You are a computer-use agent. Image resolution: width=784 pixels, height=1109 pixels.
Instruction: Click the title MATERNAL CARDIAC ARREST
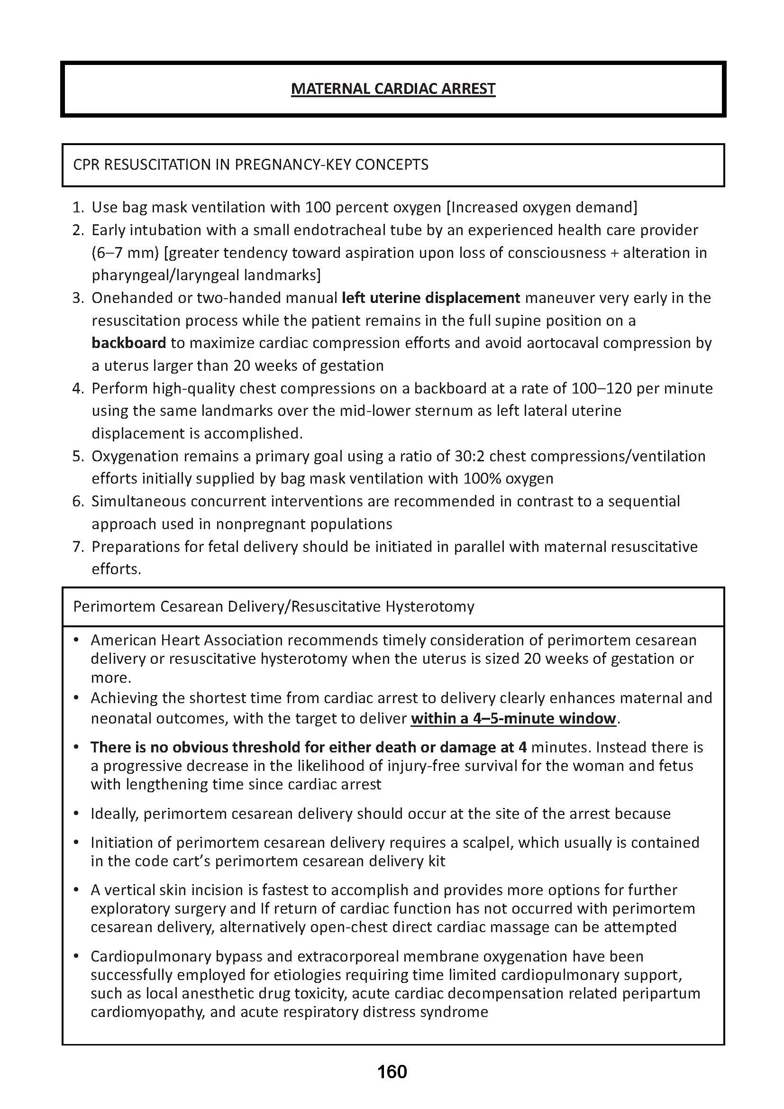(x=393, y=89)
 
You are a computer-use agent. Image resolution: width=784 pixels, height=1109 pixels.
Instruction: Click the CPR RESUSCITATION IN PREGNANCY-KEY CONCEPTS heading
(x=251, y=165)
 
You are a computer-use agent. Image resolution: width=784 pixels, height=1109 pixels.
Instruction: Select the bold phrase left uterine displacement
(x=430, y=298)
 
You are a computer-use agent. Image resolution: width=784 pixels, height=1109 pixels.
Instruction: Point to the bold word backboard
(x=129, y=343)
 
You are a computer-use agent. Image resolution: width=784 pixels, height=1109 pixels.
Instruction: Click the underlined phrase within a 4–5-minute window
(x=514, y=718)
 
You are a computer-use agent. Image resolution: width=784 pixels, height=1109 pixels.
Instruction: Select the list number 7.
(x=78, y=547)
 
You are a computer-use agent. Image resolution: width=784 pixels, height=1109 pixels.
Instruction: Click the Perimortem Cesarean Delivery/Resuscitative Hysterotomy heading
(x=273, y=606)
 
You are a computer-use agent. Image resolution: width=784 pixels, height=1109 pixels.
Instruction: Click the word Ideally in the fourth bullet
(x=114, y=814)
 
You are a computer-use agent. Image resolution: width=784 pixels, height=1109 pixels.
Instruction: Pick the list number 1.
(x=78, y=208)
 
